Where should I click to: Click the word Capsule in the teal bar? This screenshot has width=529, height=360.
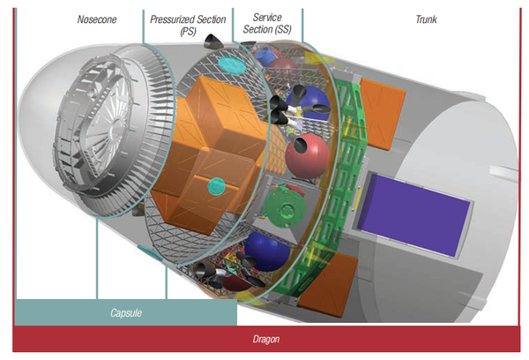coord(125,312)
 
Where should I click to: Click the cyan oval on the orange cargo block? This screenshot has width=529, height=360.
coord(215,185)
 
